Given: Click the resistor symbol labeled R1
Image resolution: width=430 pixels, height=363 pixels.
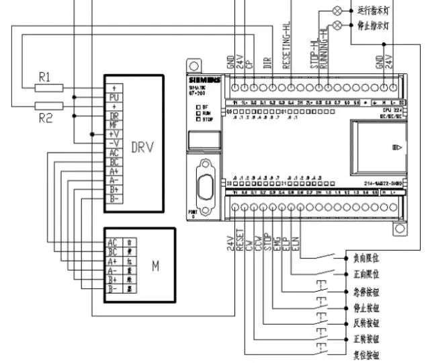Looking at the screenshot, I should [x=49, y=87].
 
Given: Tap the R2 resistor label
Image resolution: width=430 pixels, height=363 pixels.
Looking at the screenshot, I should [x=45, y=118].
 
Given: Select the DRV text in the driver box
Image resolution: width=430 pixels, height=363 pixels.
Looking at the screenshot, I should [x=142, y=147].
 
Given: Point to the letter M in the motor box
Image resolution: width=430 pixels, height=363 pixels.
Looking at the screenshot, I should [x=155, y=266].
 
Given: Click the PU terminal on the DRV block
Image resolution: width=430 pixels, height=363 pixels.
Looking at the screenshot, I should [x=114, y=97].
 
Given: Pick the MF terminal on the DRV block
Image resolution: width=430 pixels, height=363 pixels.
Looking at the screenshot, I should [x=114, y=124].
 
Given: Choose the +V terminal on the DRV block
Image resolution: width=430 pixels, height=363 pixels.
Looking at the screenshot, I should [x=114, y=134].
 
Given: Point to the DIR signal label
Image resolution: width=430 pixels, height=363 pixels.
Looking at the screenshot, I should [x=267, y=63].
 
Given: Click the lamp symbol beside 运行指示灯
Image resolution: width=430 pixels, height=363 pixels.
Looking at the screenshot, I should [x=337, y=9].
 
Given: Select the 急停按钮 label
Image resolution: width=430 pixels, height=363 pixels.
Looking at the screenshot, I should [x=365, y=292].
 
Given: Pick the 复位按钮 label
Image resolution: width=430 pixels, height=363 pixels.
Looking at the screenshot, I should [x=365, y=354].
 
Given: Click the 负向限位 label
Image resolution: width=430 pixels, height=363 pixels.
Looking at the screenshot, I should [x=365, y=257].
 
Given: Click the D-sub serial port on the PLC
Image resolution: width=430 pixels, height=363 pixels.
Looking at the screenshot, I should [x=202, y=179].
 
